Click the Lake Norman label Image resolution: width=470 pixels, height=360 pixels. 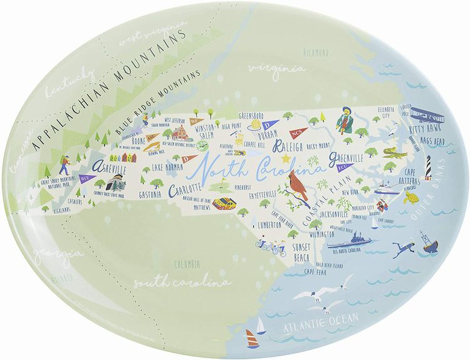click(166, 167)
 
